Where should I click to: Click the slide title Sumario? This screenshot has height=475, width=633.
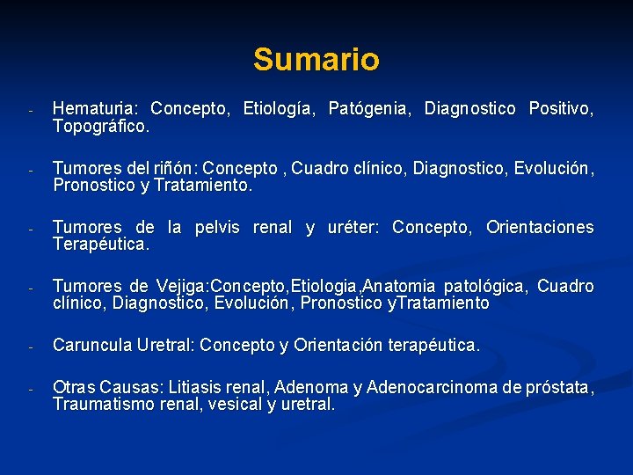tap(316, 60)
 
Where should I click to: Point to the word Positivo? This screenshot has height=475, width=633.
tap(560, 109)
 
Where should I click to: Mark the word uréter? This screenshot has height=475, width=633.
tap(350, 228)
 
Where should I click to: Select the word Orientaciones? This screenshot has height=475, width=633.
tap(540, 228)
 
